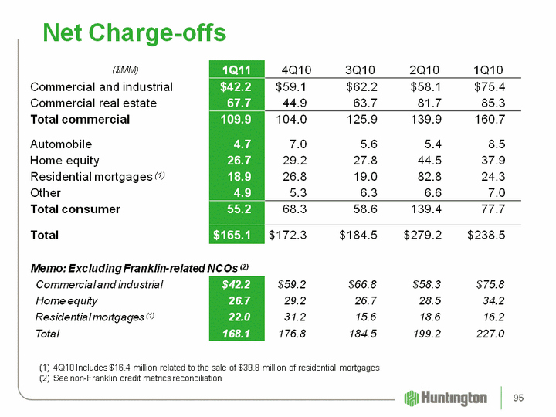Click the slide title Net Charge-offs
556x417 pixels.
point(135,32)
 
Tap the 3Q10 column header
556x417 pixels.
point(360,69)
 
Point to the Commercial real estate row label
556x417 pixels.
point(93,103)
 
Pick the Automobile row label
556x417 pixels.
point(60,144)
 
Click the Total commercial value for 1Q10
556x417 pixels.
point(488,119)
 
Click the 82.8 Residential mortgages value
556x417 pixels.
point(426,176)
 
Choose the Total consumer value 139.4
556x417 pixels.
point(424,208)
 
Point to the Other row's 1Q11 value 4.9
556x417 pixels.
point(246,192)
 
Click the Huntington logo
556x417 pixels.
point(446,398)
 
